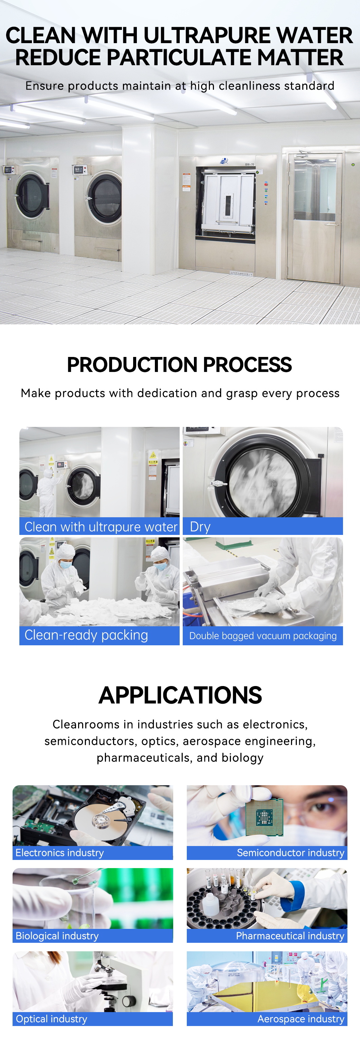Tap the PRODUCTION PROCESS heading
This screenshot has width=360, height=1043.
pyautogui.click(x=179, y=365)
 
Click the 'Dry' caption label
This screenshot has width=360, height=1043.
pyautogui.click(x=200, y=527)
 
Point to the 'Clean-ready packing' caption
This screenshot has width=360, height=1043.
pyautogui.click(x=86, y=635)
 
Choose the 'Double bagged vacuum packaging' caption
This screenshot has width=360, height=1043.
pyautogui.click(x=263, y=636)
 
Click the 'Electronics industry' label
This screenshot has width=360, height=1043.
pyautogui.click(x=59, y=853)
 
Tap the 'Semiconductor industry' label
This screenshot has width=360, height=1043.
pyautogui.click(x=290, y=853)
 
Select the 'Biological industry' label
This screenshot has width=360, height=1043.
pyautogui.click(x=57, y=936)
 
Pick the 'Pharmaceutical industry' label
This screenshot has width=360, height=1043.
pyautogui.click(x=290, y=936)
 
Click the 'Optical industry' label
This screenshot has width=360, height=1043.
pyautogui.click(x=51, y=1019)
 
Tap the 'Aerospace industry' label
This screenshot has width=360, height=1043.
pyautogui.click(x=301, y=1019)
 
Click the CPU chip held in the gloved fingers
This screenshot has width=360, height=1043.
pyautogui.click(x=264, y=817)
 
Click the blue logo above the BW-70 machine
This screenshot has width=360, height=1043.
pyautogui.click(x=224, y=161)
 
